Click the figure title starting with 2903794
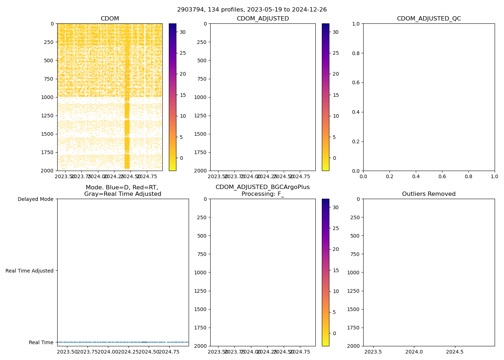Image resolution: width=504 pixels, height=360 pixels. click(x=252, y=10)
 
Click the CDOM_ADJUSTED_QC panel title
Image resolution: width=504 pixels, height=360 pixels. click(x=429, y=19)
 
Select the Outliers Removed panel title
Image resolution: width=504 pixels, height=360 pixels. click(x=429, y=194)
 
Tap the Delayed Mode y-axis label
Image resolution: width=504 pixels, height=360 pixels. click(x=35, y=199)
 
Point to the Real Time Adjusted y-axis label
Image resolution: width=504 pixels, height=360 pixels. click(x=30, y=271)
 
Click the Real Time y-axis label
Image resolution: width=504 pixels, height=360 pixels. click(x=41, y=342)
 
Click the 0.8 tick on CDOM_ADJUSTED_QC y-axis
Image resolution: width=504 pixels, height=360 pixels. click(x=356, y=53)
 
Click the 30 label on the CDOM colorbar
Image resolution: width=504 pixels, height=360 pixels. click(x=183, y=32)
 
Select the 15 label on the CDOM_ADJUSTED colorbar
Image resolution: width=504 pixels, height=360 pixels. click(x=336, y=95)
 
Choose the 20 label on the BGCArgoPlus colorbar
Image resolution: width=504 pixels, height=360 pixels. click(x=336, y=249)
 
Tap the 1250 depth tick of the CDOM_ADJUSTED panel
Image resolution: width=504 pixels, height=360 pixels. click(x=201, y=116)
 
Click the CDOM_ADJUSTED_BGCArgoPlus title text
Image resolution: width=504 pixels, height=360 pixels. click(x=262, y=187)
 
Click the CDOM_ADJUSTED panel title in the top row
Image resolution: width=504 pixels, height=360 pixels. click(x=262, y=19)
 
